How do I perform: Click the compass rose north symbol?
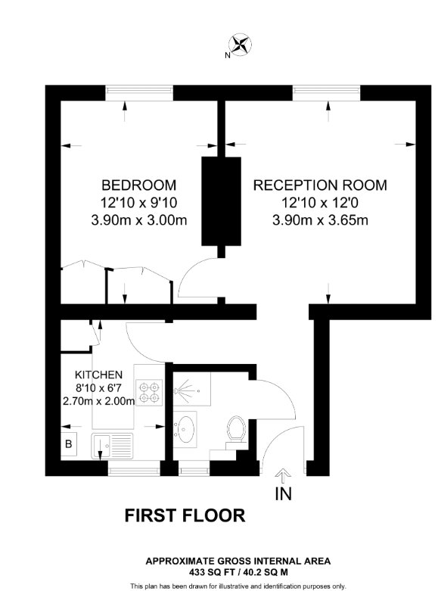pos(240,45)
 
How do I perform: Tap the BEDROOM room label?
pos(138,185)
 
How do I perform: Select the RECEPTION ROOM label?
pos(320,185)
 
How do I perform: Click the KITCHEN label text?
pos(98,375)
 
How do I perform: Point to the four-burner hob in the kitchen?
pos(149,393)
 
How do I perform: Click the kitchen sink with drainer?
pos(112,446)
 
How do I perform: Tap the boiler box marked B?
pos(69,444)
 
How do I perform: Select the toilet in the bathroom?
pos(236,432)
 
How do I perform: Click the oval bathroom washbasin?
pos(185,430)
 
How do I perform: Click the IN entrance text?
pos(284,493)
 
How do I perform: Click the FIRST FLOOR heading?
pos(185,515)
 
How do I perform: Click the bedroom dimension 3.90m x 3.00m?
pos(139,220)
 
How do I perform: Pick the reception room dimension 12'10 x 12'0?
pos(320,203)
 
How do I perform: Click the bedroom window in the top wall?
pos(139,93)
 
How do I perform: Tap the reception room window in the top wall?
pos(327,93)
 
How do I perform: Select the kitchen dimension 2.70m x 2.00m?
pos(98,401)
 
